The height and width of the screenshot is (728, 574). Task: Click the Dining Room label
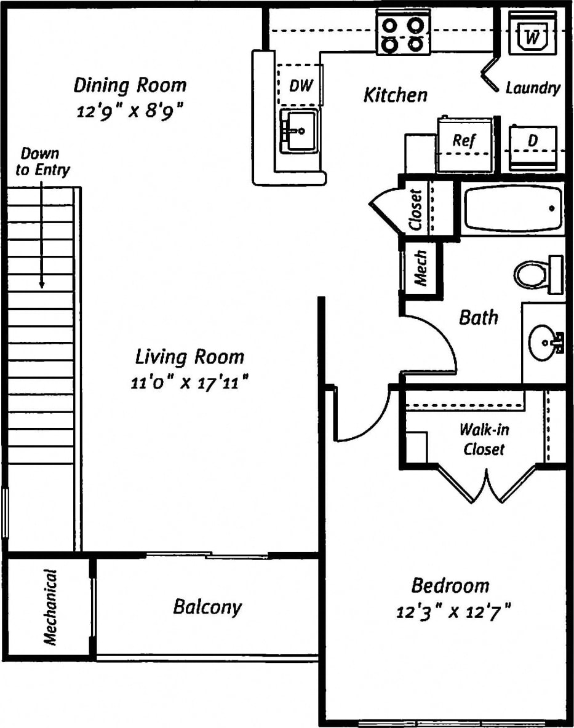click(x=130, y=85)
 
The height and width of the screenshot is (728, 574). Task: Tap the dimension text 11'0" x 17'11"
click(x=189, y=382)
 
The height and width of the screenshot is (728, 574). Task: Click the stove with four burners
click(x=403, y=34)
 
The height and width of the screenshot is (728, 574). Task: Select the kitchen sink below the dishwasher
click(x=299, y=130)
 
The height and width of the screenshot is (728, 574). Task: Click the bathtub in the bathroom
click(x=512, y=208)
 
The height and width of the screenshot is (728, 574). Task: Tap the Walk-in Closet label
click(x=484, y=439)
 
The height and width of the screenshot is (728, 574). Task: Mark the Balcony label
click(x=207, y=607)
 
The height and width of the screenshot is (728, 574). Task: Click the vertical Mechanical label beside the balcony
click(x=50, y=607)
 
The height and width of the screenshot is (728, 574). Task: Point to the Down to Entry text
click(x=42, y=162)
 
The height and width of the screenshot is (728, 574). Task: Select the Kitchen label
click(x=395, y=95)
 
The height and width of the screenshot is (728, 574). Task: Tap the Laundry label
click(x=533, y=88)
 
